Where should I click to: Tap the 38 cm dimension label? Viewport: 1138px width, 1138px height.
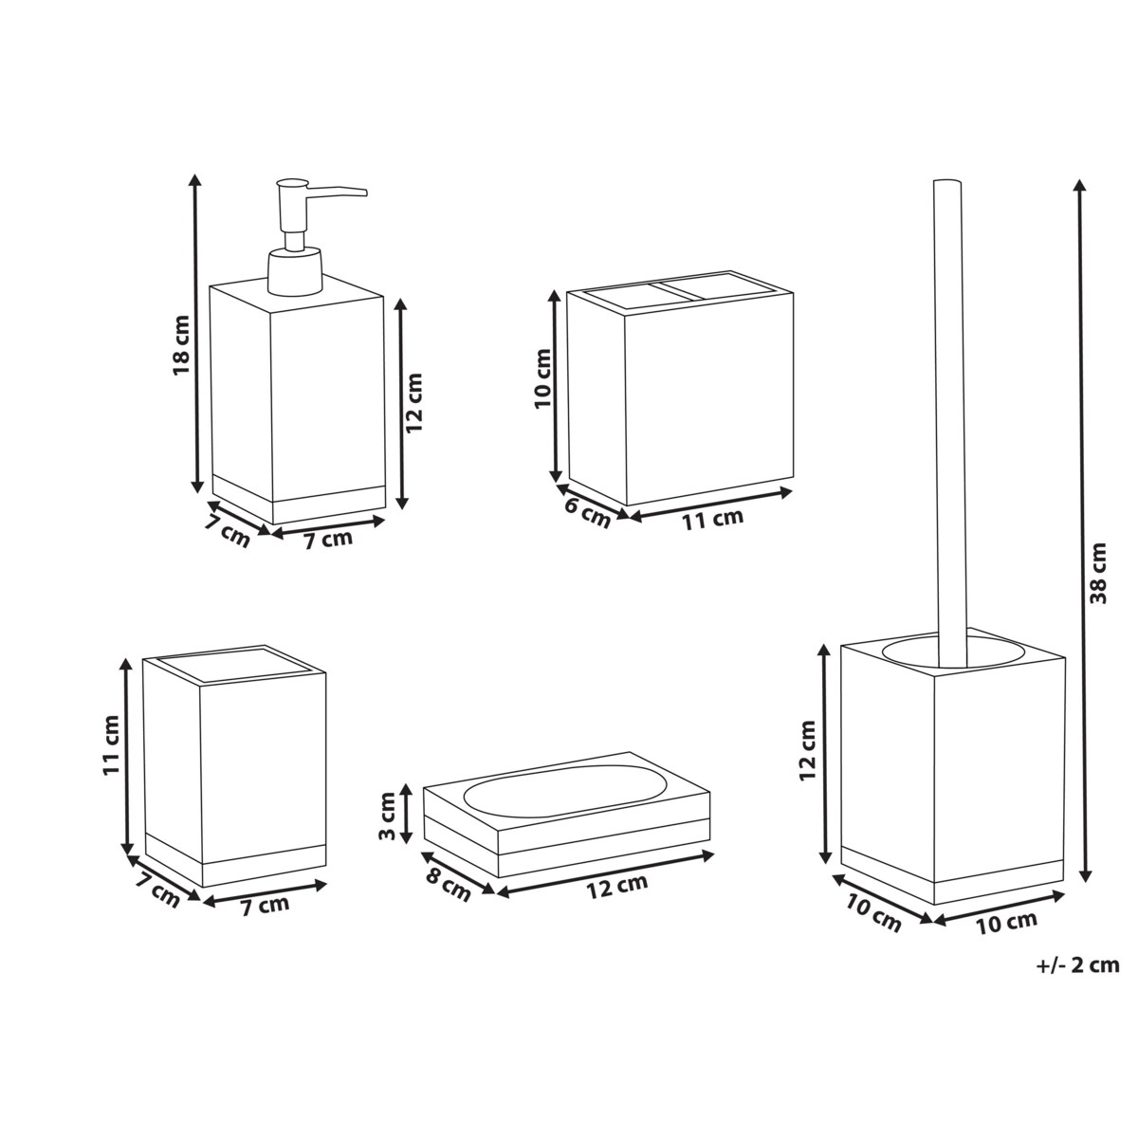[1098, 573]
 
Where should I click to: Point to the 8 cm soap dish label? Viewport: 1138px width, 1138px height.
[449, 884]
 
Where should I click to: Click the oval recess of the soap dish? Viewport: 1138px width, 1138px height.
[565, 791]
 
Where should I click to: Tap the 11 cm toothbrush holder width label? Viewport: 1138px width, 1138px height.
[713, 519]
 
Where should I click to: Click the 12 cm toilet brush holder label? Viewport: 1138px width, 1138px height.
[807, 750]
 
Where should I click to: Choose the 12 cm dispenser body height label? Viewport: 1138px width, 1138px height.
[414, 403]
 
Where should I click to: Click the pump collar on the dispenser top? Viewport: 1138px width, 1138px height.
[295, 271]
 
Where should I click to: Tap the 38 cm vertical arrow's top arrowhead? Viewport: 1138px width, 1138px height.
[1081, 186]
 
